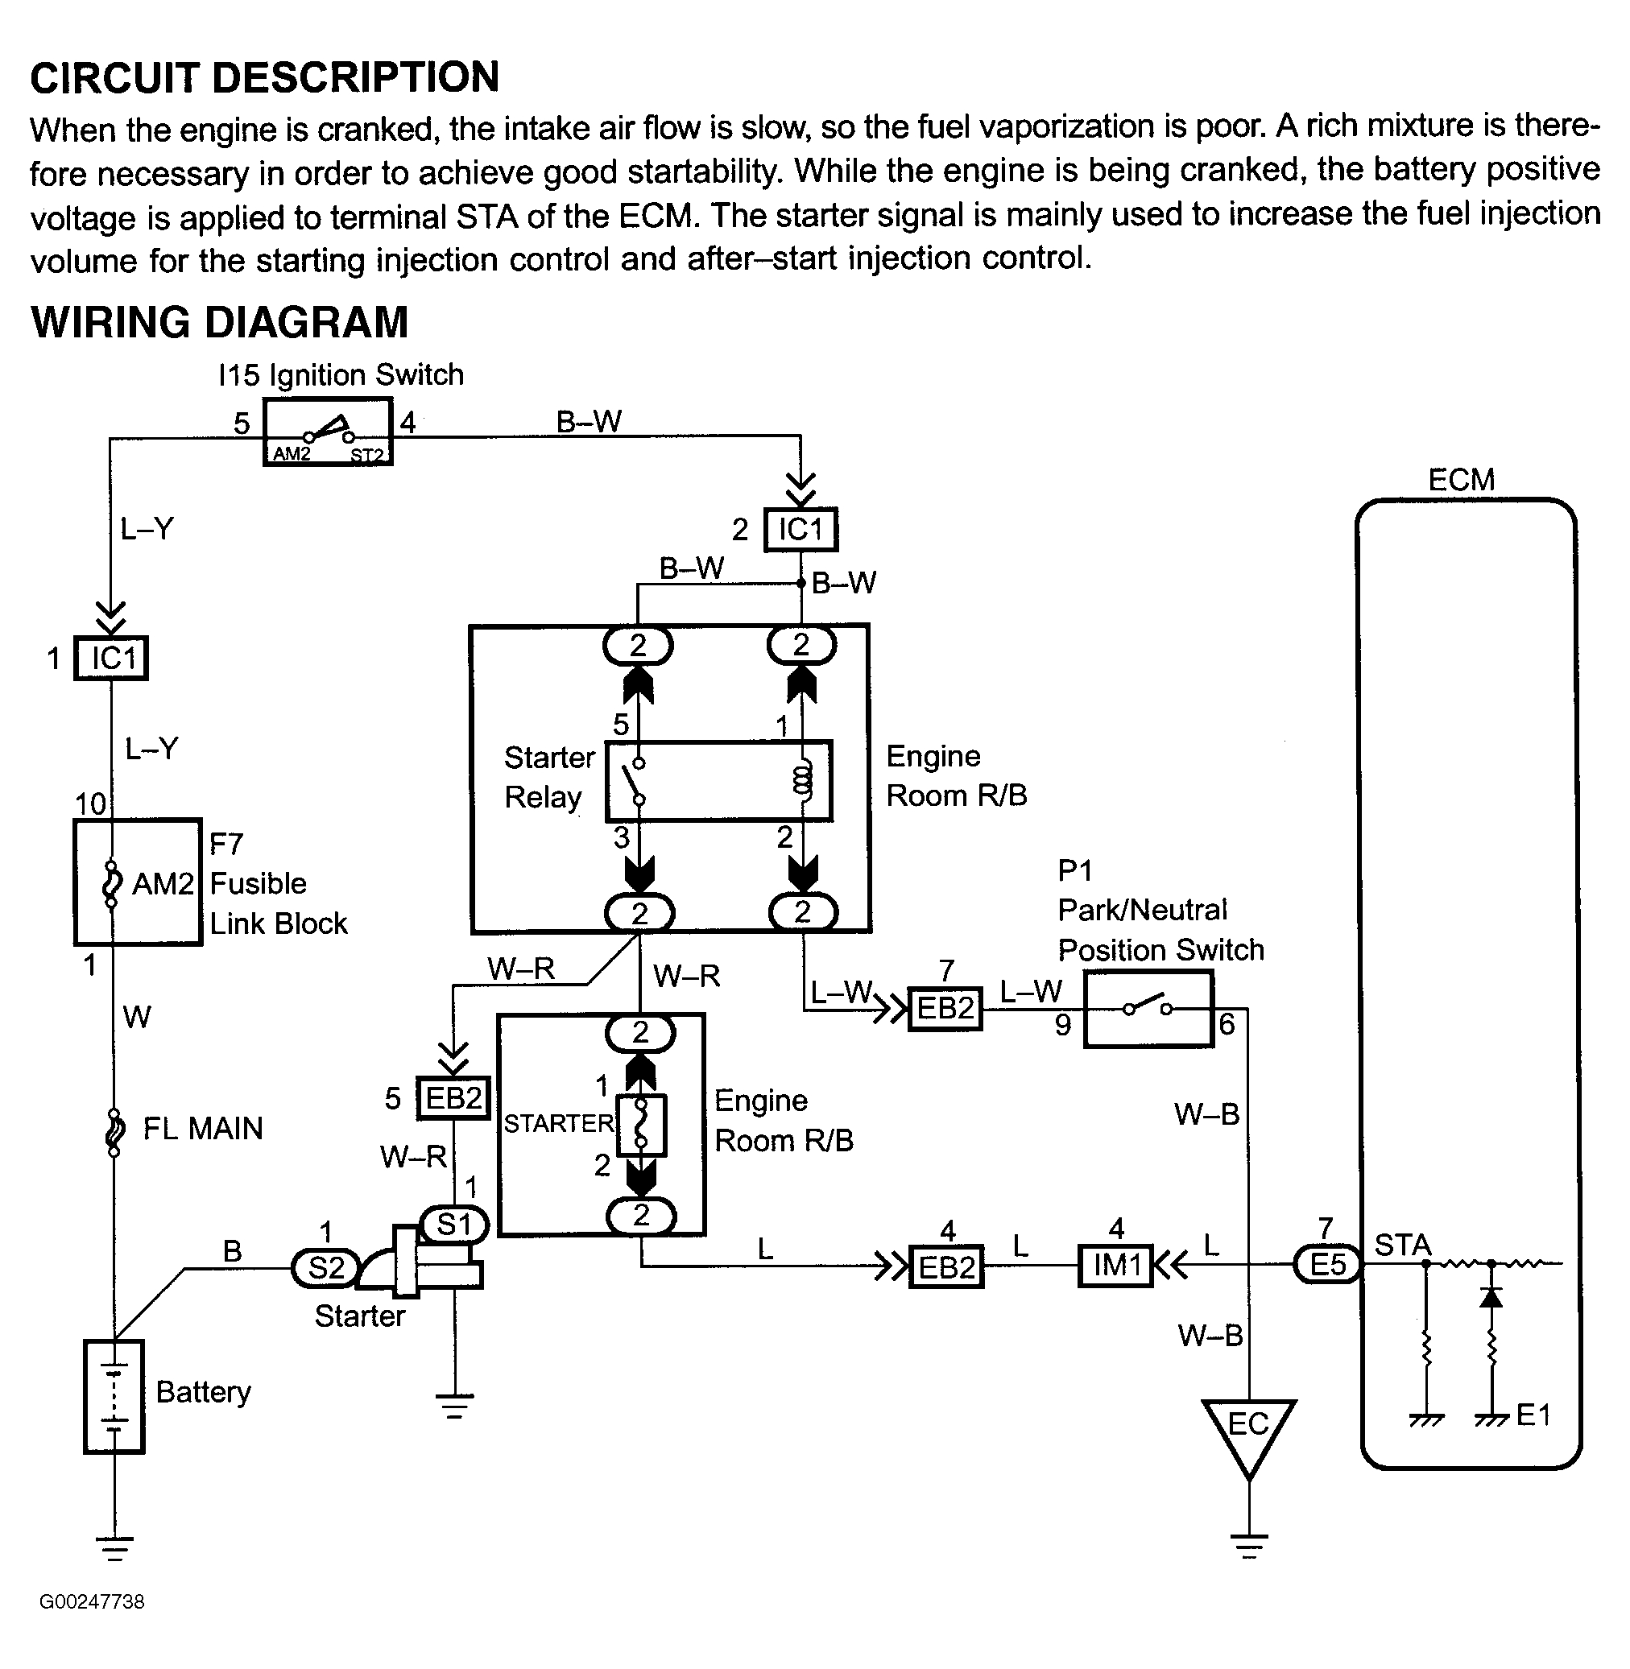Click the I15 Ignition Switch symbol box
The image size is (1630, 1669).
tap(327, 432)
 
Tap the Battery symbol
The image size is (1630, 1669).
tap(114, 1396)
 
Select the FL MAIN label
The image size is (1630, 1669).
tap(202, 1129)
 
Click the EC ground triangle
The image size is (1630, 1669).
tap(1248, 1431)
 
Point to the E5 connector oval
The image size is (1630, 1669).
tap(1327, 1264)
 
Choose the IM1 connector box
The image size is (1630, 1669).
tap(1116, 1265)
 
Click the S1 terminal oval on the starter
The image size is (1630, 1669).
tap(453, 1225)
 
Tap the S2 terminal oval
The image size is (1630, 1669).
tap(325, 1267)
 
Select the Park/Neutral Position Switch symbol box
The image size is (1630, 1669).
tap(1148, 1009)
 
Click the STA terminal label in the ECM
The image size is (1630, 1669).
tap(1402, 1245)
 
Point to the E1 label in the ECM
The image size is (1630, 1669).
tap(1533, 1415)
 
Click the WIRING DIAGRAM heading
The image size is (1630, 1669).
tap(219, 323)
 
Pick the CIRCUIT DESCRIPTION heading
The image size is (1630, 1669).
tap(264, 77)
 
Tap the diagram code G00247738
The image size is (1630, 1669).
tap(92, 1601)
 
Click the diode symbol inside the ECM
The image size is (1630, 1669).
tap(1491, 1298)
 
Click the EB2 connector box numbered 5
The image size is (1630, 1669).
tap(453, 1098)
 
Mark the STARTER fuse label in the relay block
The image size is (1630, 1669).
tap(558, 1124)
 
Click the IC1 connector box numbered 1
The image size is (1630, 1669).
tap(111, 659)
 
